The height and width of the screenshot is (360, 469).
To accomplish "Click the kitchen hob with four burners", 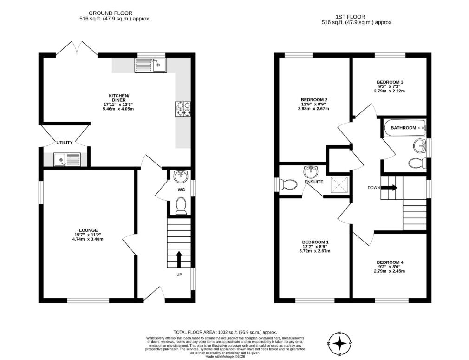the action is tap(183, 109).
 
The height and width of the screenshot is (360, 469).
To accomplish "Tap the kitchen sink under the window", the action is tap(151, 65).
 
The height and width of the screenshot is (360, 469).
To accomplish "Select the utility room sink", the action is tap(67, 159).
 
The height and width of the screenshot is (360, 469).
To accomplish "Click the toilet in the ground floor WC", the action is tap(181, 206).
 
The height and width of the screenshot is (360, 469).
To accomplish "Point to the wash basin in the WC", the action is tap(181, 176).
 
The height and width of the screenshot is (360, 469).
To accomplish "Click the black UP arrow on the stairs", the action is tap(179, 259).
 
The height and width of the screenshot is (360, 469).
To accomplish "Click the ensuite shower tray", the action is tap(339, 186).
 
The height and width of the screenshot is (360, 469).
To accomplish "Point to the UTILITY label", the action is tap(65, 143).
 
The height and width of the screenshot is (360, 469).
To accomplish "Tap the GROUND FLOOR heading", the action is tap(111, 13).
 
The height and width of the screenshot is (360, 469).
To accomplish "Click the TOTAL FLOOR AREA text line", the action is tap(225, 332).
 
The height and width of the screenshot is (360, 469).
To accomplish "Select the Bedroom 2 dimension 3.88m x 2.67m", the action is tap(313, 109).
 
